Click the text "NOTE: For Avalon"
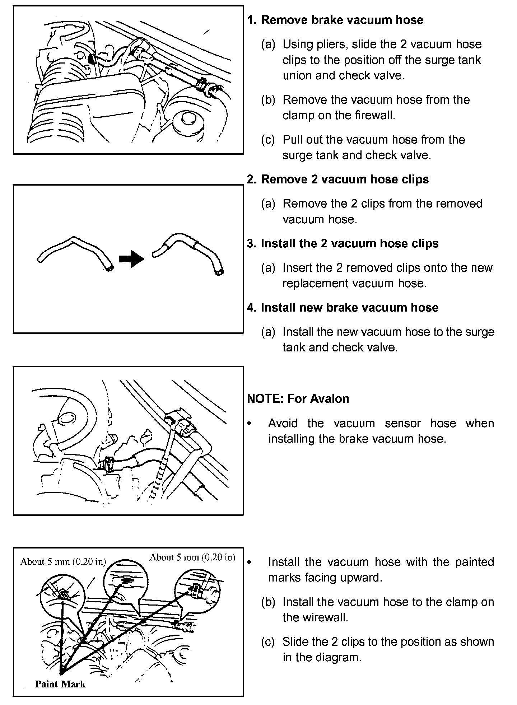(x=298, y=399)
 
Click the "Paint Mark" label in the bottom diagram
(x=60, y=684)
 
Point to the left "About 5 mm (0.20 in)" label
(x=63, y=562)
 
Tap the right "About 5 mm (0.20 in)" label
(x=192, y=557)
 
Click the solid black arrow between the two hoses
(x=131, y=259)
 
